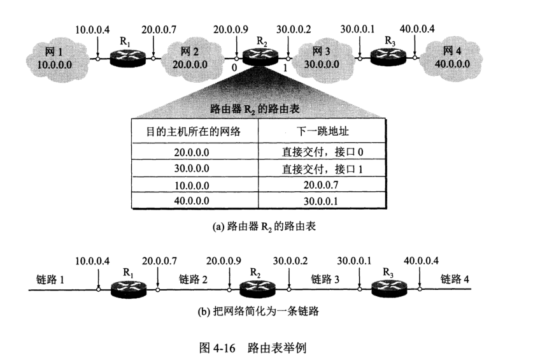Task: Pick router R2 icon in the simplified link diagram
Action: point(257,288)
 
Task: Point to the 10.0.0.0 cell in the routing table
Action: point(194,185)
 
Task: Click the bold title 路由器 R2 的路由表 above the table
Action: point(257,108)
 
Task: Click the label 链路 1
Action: point(52,278)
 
